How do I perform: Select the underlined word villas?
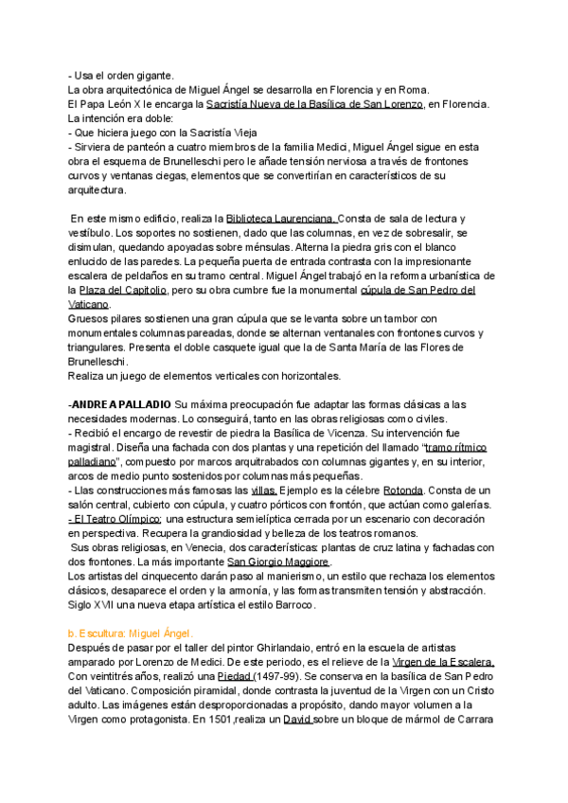(x=263, y=491)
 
